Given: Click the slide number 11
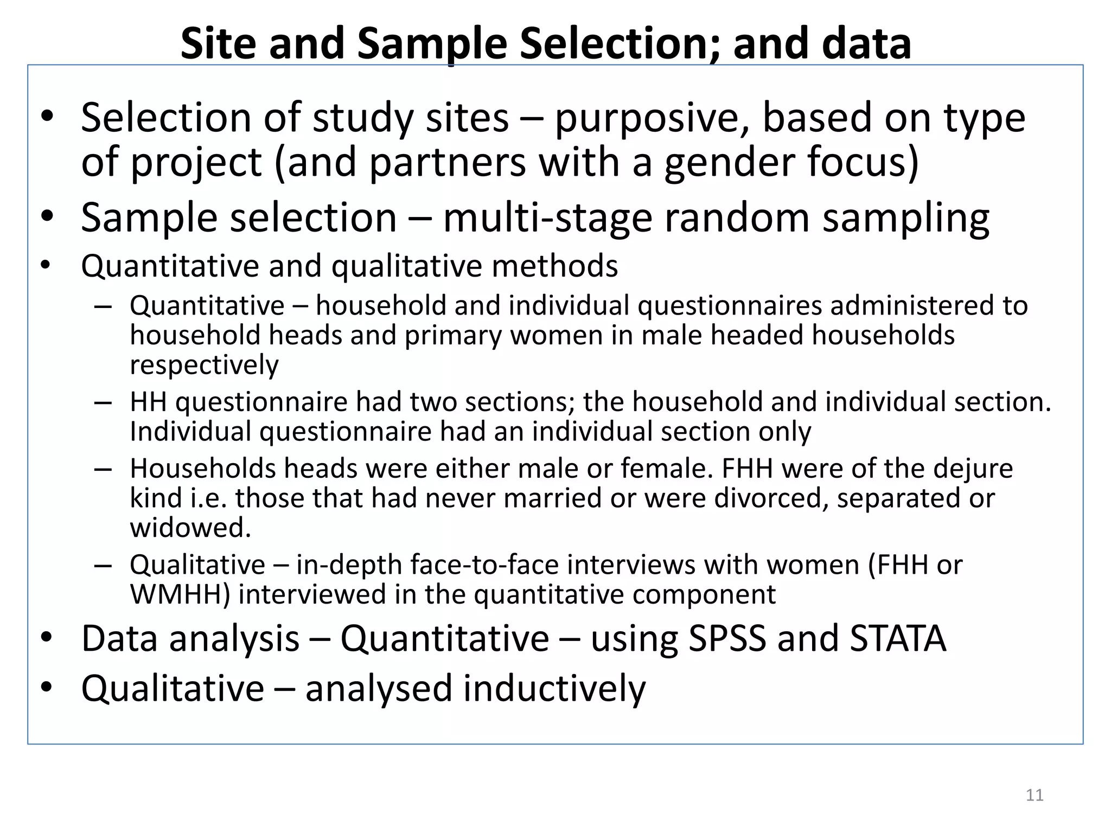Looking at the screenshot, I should tap(1035, 795).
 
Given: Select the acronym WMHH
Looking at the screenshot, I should tap(180, 594).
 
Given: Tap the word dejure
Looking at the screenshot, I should tap(972, 469).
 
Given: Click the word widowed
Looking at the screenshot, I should tap(190, 528).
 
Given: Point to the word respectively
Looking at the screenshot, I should tap(204, 365).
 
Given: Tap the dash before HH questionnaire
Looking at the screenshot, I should tap(103, 403).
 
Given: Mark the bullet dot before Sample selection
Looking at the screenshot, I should tap(47, 217).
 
